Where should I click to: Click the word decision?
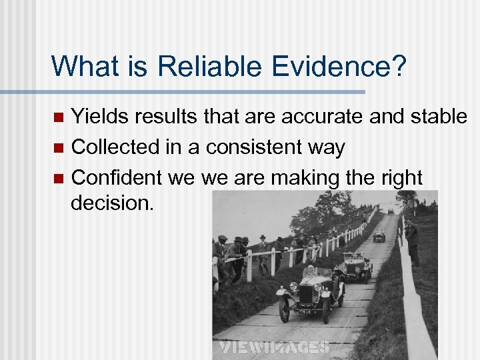(x=112, y=203)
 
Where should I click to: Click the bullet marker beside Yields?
(x=58, y=118)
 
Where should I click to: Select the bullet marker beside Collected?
(x=58, y=148)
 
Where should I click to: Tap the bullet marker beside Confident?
(x=58, y=179)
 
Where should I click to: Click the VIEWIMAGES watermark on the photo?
(x=275, y=347)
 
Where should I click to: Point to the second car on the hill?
(x=355, y=267)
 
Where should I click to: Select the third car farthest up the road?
(x=379, y=235)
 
